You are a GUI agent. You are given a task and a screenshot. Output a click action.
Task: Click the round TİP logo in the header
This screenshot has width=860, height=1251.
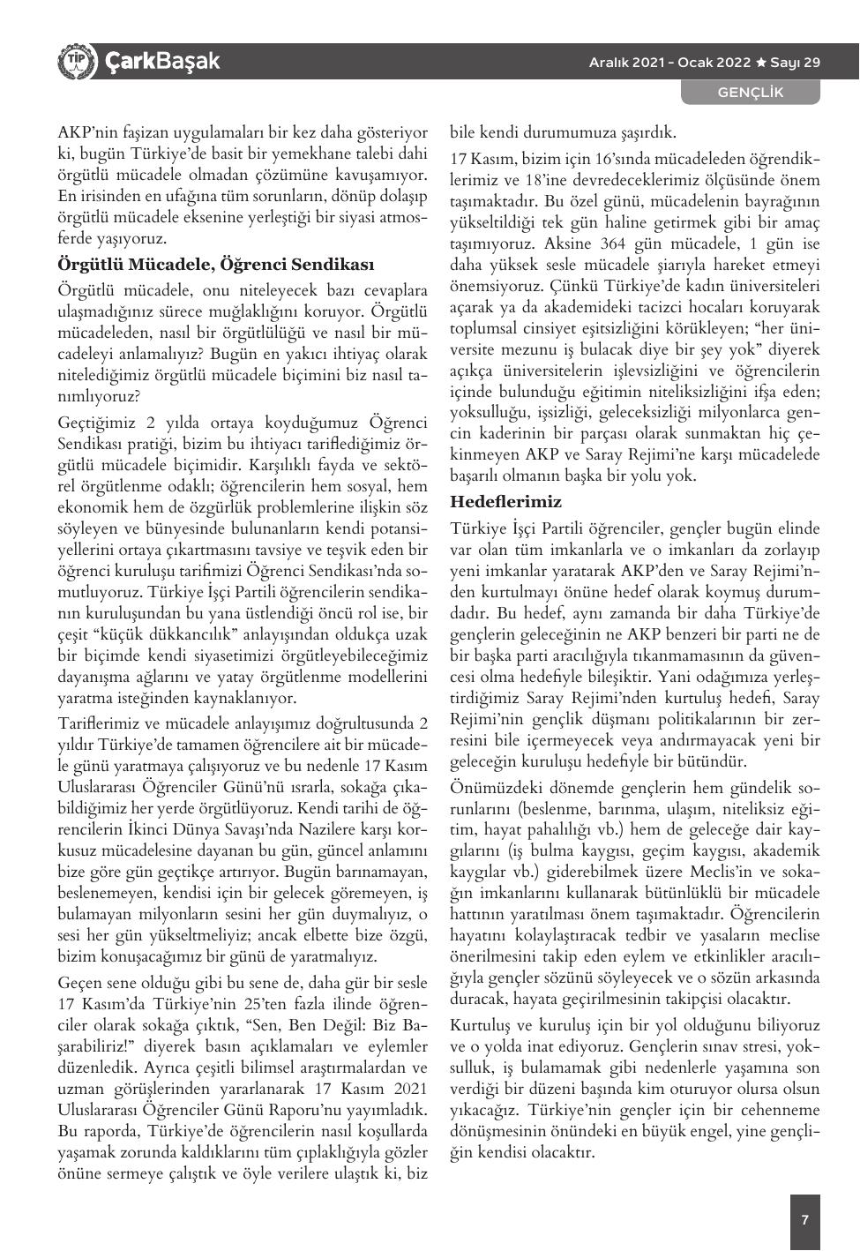(77, 62)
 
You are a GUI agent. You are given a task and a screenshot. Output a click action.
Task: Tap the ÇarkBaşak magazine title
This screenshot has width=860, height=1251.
(161, 62)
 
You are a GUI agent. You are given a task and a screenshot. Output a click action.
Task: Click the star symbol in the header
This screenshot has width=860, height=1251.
(759, 63)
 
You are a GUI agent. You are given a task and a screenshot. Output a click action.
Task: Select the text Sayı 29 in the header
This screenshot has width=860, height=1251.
(795, 63)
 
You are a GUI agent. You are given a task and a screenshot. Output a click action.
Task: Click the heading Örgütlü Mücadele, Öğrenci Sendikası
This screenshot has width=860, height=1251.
(216, 265)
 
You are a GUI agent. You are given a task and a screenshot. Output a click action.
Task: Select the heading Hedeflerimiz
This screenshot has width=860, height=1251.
(505, 502)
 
